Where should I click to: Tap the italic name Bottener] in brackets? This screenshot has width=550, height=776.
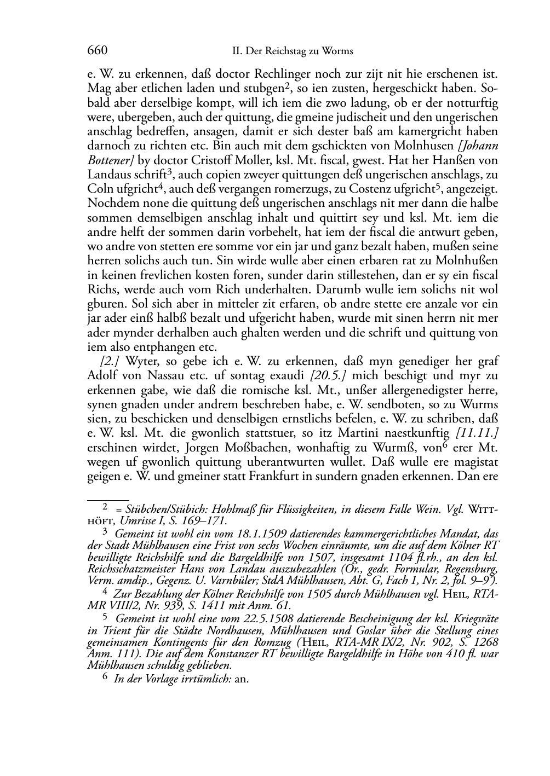point(110,160)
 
